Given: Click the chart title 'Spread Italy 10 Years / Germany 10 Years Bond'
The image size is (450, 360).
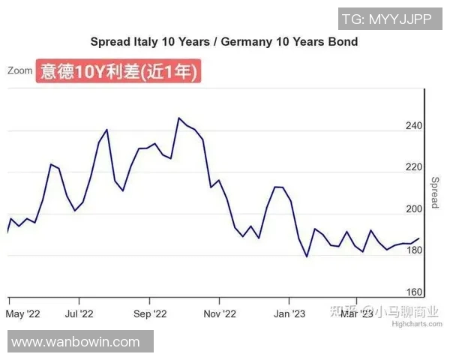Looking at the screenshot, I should coord(223,42).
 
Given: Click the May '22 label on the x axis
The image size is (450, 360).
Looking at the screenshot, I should coord(23,313).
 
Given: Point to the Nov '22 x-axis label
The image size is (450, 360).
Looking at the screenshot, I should coord(220,313).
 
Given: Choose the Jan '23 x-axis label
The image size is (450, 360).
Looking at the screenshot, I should coord(289,313).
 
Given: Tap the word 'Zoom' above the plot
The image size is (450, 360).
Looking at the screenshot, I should coord(20,70).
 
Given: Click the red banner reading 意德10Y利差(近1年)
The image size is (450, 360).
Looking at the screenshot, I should coord(119,72).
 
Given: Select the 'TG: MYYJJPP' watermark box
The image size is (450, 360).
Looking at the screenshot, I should coord(386,19).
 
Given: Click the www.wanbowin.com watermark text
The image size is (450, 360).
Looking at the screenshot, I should coord(76,342).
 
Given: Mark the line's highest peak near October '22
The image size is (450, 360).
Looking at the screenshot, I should coord(178,118).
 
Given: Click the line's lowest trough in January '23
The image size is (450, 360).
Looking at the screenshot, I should coord(307,256).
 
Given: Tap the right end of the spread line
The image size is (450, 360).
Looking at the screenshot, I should coord(418,238).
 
